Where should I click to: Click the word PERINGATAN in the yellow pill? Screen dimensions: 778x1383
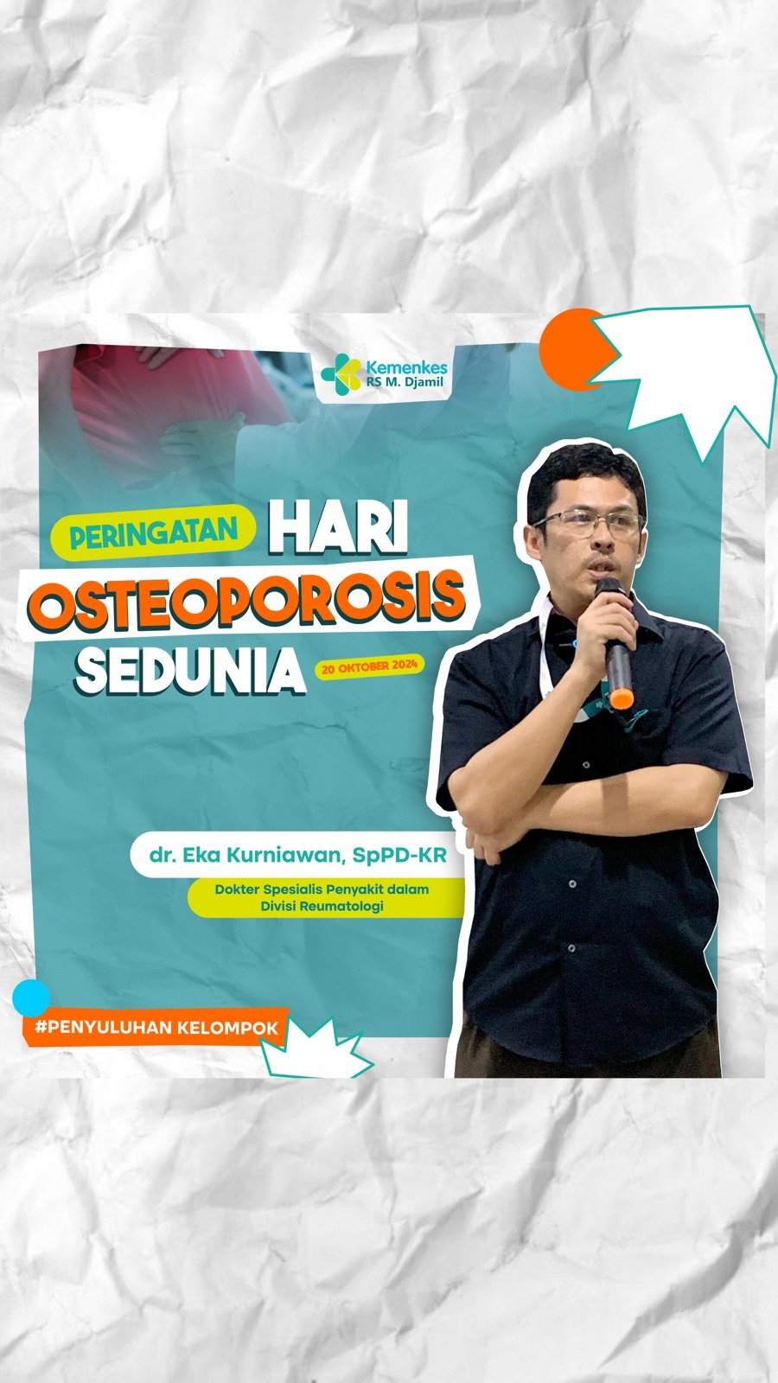(x=154, y=533)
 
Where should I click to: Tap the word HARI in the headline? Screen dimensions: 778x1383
(x=338, y=527)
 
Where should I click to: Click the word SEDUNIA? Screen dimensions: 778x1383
(x=190, y=669)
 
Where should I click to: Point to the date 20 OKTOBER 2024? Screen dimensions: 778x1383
(x=370, y=666)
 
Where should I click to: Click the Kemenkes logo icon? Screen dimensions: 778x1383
(x=341, y=373)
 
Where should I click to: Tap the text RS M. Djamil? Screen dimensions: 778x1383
(x=405, y=383)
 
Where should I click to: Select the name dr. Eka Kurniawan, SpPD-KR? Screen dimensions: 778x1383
(x=297, y=856)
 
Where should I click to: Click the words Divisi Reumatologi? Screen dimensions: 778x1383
(x=322, y=907)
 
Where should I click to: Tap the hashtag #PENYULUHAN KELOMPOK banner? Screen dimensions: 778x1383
(x=156, y=1028)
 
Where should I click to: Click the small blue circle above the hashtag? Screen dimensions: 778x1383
(x=31, y=997)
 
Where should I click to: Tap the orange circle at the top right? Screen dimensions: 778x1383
(x=571, y=349)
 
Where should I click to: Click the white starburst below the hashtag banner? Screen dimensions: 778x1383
(x=315, y=1051)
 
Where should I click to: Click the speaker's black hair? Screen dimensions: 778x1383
(x=583, y=475)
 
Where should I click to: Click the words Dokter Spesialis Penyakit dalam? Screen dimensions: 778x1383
(x=322, y=889)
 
